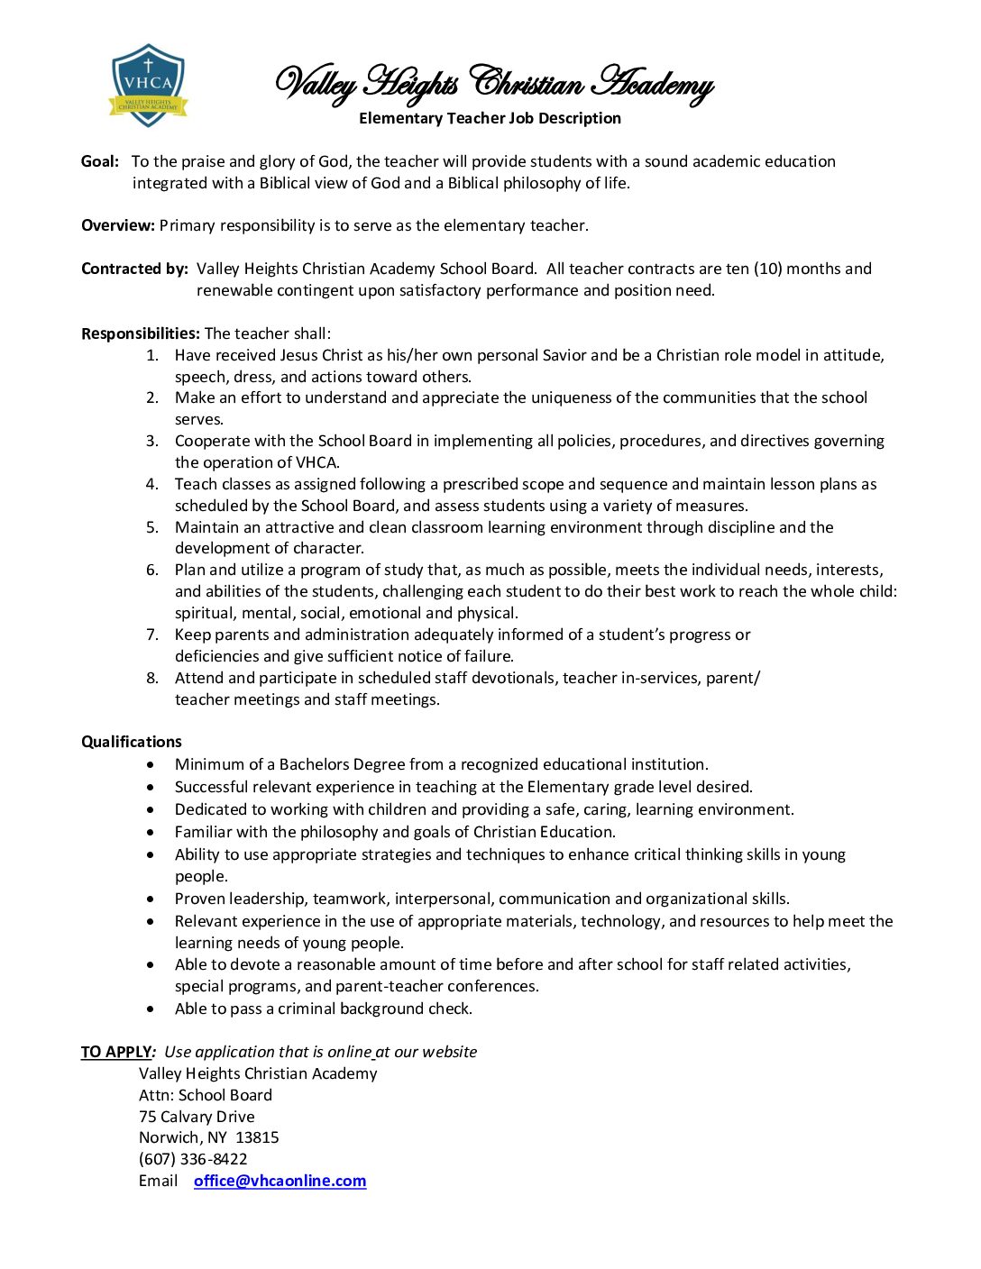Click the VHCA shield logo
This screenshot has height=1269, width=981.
coord(148,86)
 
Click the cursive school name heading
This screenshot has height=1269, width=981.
coord(493,84)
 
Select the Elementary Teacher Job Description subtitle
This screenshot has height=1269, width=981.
coord(490,118)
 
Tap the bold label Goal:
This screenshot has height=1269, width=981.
coord(100,161)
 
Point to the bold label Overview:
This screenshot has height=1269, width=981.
coord(118,225)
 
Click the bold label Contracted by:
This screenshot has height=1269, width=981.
coord(134,269)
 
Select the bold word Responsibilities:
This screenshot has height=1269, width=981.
coord(141,333)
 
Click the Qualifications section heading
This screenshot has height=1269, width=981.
coord(132,742)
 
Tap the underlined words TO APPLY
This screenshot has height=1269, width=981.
coord(116,1052)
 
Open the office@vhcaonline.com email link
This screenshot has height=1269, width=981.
coord(280,1181)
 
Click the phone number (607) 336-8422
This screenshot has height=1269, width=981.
coord(193,1159)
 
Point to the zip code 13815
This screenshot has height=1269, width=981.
coord(257,1137)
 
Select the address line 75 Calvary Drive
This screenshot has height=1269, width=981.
coord(197,1117)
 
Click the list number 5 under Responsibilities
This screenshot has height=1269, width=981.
coord(152,527)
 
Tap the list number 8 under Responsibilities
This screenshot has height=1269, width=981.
coord(152,678)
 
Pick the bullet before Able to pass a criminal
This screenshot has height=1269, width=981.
coord(151,1009)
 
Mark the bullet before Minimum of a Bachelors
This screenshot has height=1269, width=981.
coord(151,764)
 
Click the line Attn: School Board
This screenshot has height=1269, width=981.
coord(206,1095)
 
